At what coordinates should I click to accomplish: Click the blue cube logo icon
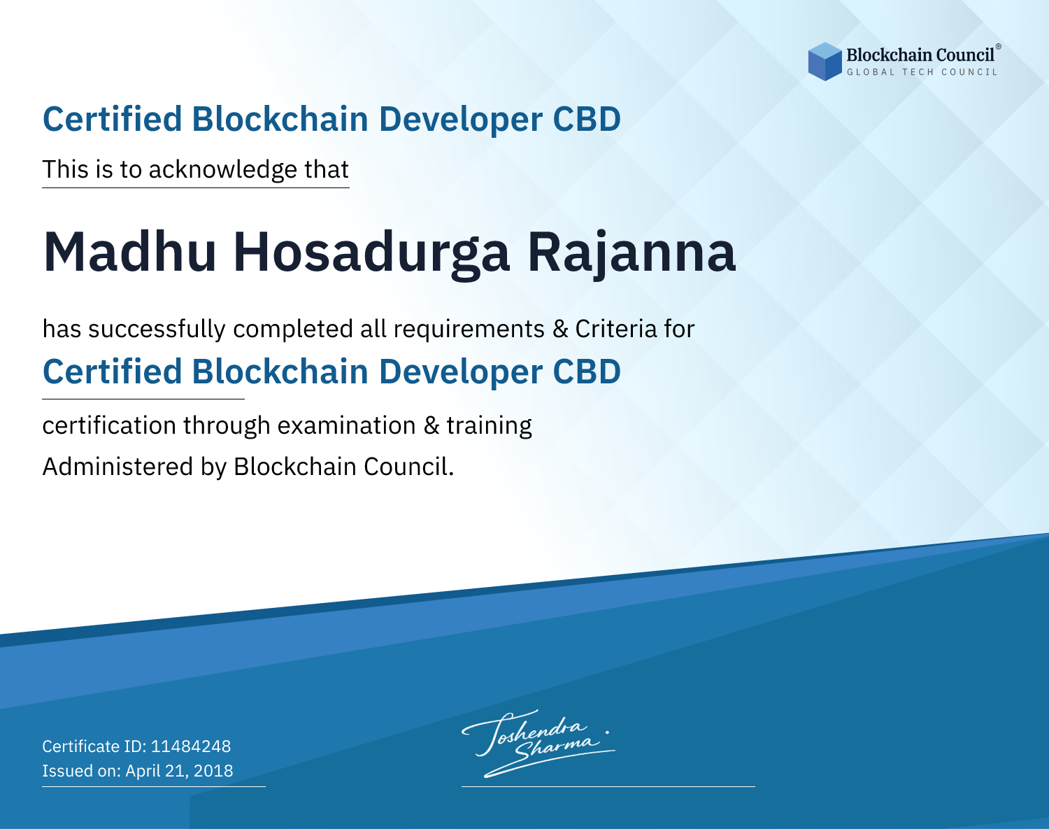click(825, 62)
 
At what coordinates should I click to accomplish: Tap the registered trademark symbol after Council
click(998, 47)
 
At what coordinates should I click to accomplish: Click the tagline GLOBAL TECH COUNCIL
click(922, 72)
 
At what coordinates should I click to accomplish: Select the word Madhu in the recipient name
click(129, 252)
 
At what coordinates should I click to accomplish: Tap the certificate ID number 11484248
click(191, 746)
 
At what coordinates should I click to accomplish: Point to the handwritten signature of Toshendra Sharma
click(538, 743)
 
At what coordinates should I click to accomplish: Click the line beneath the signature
click(608, 786)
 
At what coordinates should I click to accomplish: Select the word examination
click(347, 425)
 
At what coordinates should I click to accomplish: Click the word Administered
click(118, 467)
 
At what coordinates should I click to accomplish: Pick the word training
click(489, 426)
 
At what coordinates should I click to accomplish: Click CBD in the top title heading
click(587, 119)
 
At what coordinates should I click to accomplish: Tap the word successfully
click(157, 330)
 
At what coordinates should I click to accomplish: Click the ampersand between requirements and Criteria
click(560, 329)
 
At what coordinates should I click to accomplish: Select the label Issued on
click(81, 770)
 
